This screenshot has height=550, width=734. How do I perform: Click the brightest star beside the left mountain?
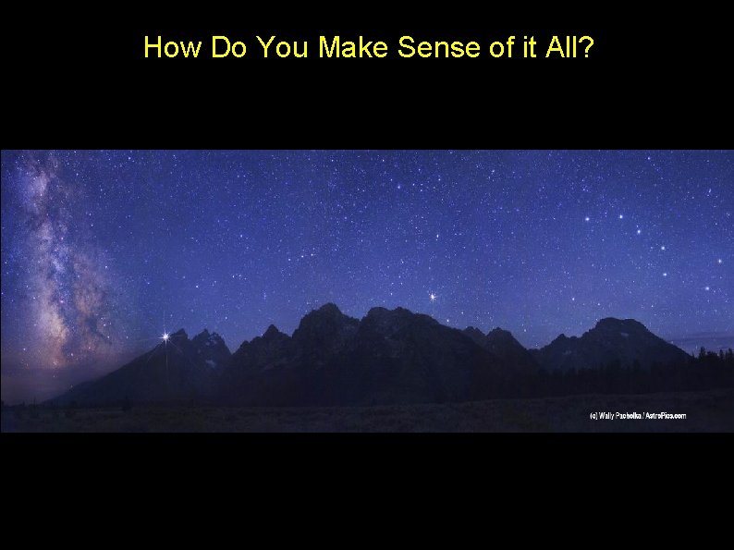[x=166, y=337]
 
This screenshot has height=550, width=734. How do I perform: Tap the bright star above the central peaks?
[x=432, y=297]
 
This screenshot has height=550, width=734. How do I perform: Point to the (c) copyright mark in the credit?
[x=594, y=416]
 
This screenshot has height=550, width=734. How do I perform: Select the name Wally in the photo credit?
[x=609, y=416]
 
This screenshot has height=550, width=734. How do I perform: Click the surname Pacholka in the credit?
[x=634, y=416]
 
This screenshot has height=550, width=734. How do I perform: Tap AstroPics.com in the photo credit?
[x=668, y=416]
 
